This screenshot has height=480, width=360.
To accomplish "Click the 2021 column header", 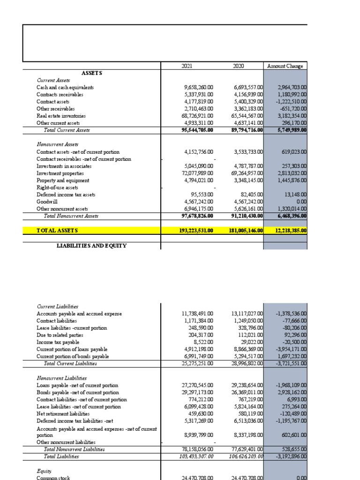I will [x=187, y=67].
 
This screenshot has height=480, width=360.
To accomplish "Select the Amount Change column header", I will [x=285, y=67].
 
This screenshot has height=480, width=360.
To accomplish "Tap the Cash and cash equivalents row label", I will [x=65, y=88].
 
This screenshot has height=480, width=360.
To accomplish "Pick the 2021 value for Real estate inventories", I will [x=197, y=116].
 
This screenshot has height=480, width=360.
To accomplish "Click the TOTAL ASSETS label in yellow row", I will [x=57, y=231].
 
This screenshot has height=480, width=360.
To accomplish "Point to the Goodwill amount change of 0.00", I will [x=299, y=202].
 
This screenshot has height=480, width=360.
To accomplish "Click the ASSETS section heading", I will [x=92, y=74].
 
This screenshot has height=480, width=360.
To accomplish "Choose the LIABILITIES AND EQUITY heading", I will [x=91, y=246].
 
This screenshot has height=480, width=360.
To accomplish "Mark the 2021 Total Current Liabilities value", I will [x=197, y=363].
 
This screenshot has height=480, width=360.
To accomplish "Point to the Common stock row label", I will [x=54, y=477].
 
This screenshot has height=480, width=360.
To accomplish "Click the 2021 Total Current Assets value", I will [x=197, y=130].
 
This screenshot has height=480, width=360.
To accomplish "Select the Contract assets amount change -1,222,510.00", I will [x=292, y=102].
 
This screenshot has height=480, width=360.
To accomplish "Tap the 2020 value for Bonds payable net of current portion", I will [x=248, y=392].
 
